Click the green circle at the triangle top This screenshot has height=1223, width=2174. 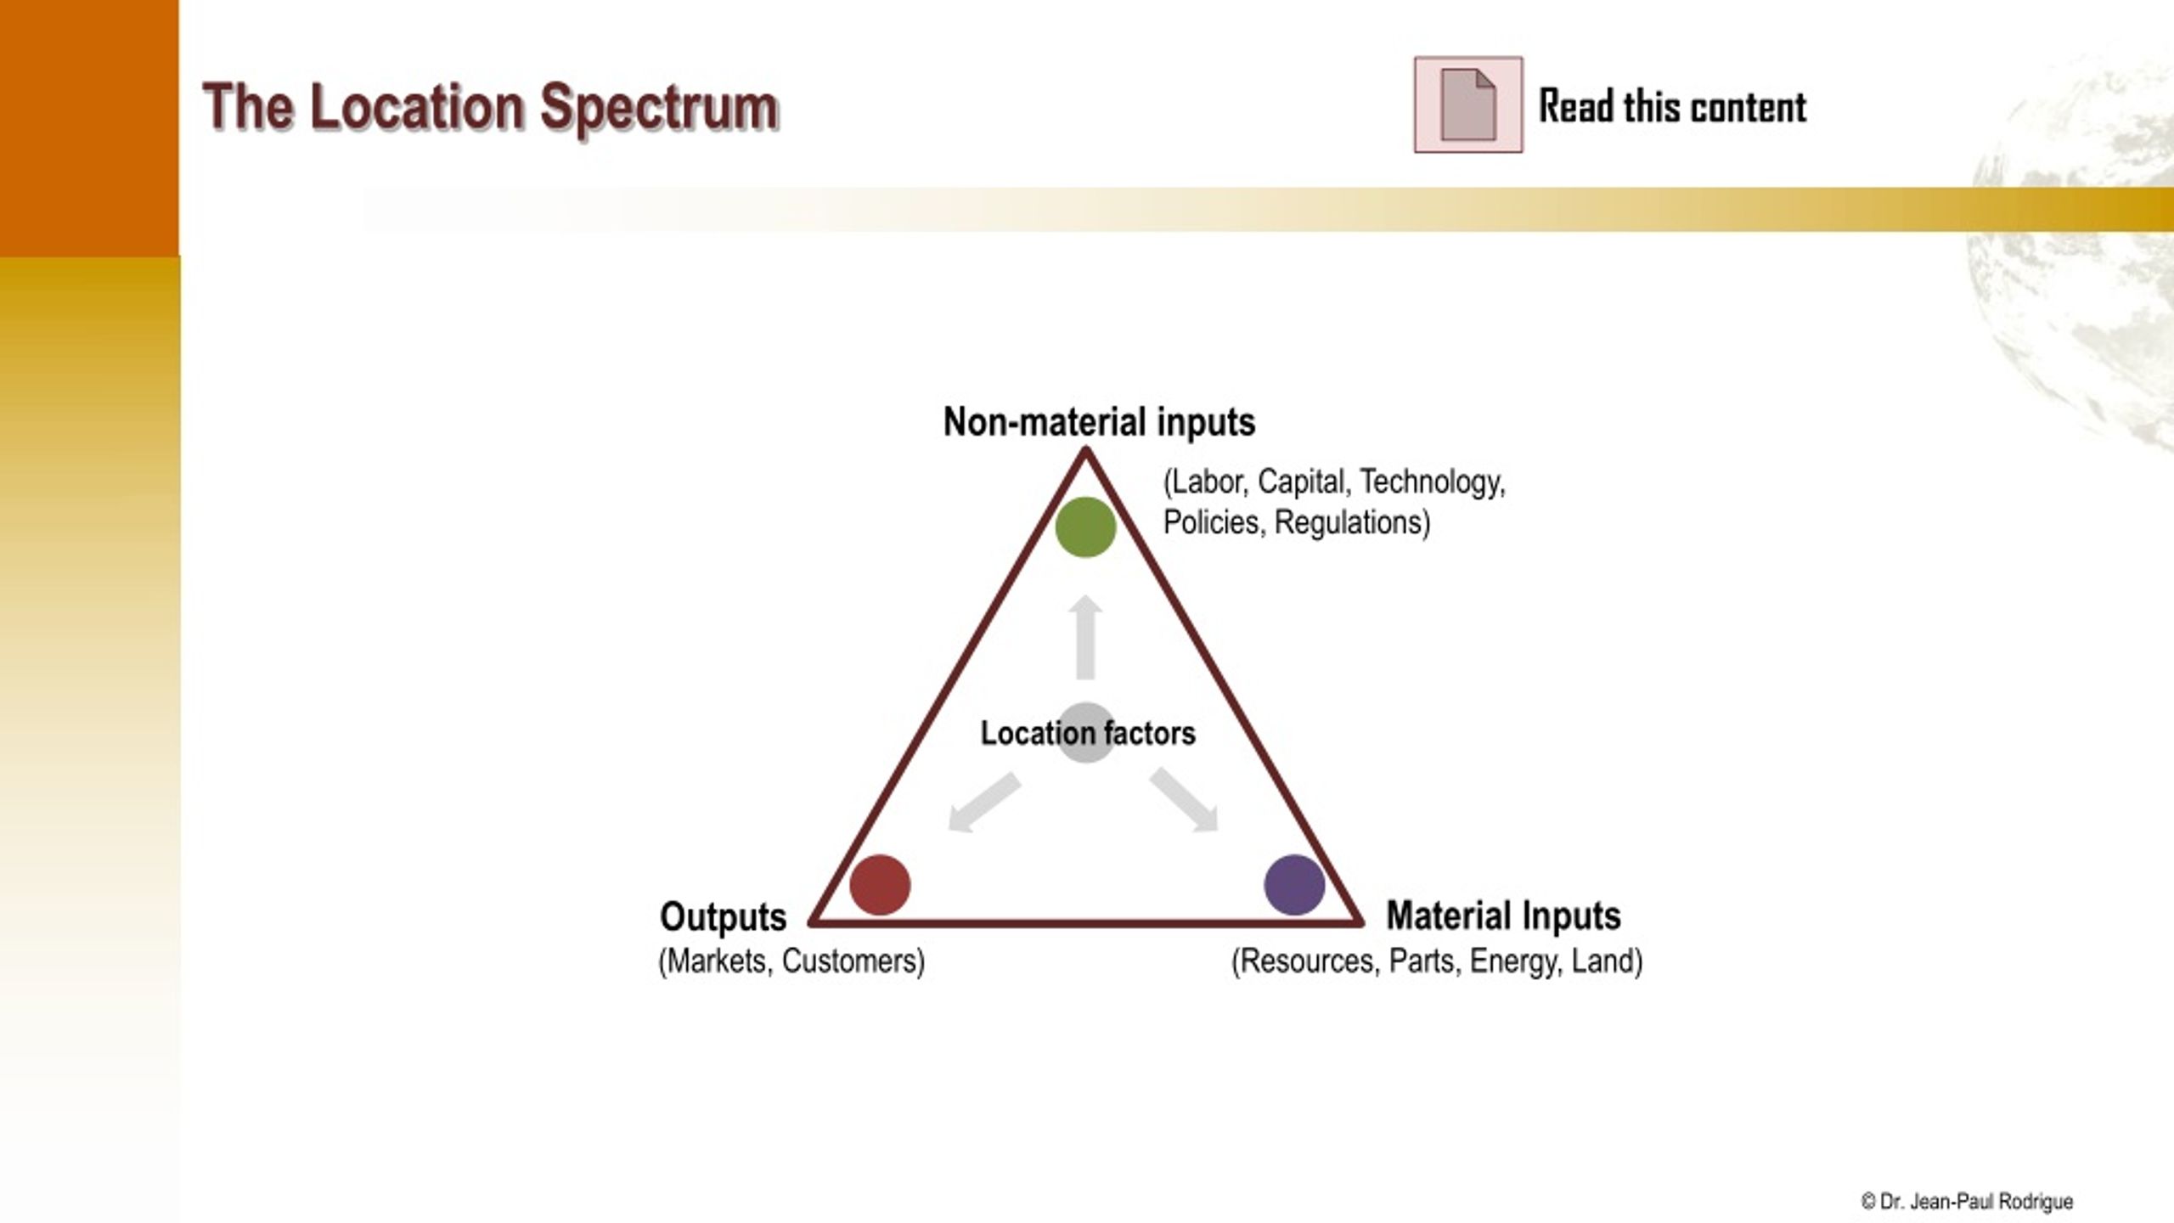(1085, 527)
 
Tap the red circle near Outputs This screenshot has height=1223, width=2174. (880, 885)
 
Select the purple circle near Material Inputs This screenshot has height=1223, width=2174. (1294, 885)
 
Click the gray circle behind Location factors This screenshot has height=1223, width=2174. (1086, 732)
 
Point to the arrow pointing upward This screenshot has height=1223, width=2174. (1085, 637)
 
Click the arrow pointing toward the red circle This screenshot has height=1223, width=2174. (984, 802)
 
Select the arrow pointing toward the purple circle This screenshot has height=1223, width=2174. (1185, 800)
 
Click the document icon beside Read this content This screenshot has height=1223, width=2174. (1468, 105)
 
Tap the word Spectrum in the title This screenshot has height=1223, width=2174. (659, 110)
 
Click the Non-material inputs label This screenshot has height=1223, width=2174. (1099, 422)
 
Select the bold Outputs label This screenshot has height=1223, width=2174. (724, 917)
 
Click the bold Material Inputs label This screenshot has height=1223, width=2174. (1504, 916)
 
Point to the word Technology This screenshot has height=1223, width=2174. (1433, 482)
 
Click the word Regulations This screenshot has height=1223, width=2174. (1353, 523)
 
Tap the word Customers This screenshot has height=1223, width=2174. (853, 961)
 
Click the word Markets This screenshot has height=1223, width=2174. (716, 961)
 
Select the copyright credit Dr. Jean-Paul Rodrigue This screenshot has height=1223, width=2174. (1967, 1202)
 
